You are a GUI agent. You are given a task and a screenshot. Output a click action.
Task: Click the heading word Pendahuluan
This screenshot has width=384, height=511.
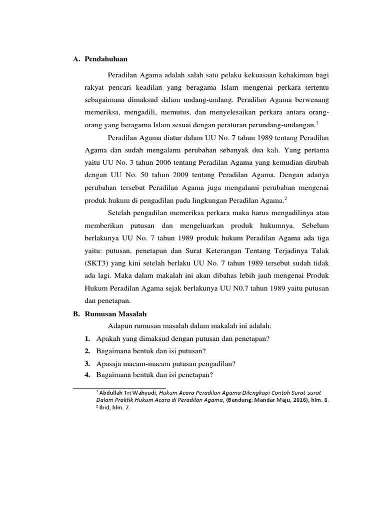[x=105, y=59]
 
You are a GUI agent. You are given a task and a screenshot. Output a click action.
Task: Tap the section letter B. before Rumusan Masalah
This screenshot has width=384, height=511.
[x=77, y=313]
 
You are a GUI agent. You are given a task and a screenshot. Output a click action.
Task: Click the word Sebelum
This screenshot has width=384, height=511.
[x=316, y=226]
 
